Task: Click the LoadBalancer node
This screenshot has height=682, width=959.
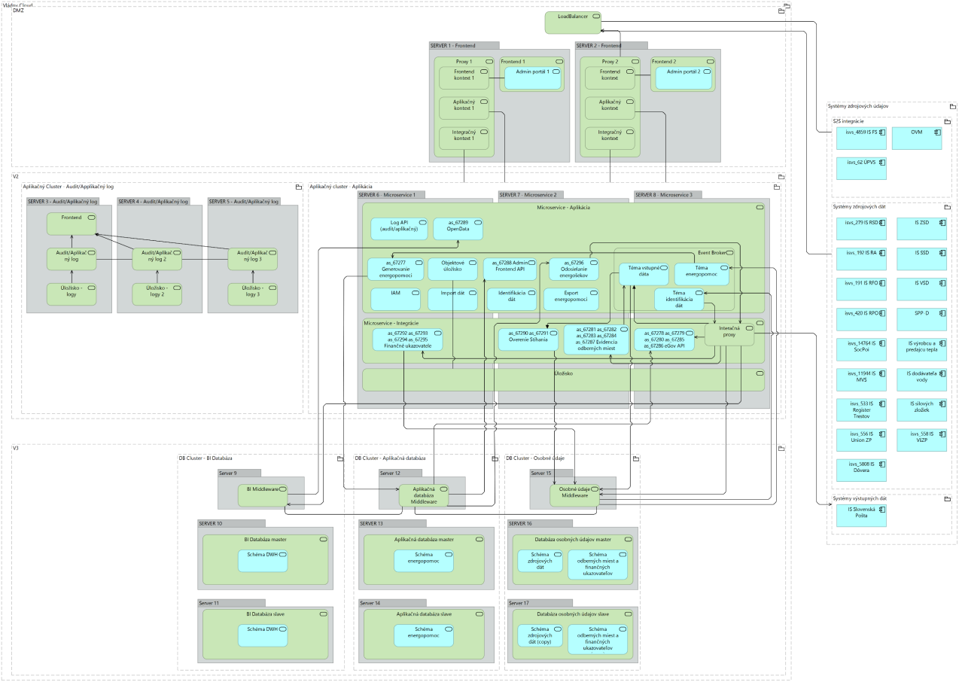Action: [x=573, y=22]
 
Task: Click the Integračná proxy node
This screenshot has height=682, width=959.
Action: [x=729, y=332]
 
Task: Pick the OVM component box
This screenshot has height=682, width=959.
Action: [x=917, y=139]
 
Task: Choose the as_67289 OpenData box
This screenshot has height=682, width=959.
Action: [x=458, y=229]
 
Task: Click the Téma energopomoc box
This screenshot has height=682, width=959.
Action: [x=700, y=274]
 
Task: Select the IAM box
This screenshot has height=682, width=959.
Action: [x=395, y=299]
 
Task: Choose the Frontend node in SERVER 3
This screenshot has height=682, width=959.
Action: [x=72, y=222]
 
